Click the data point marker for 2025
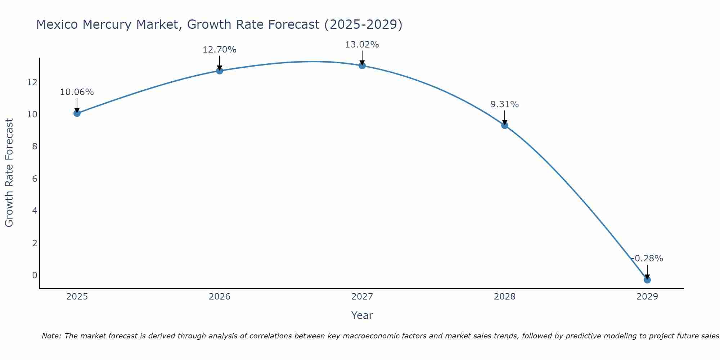pyautogui.click(x=77, y=113)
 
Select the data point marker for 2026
pyautogui.click(x=220, y=71)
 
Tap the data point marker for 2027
pyautogui.click(x=362, y=66)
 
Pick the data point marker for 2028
pyautogui.click(x=505, y=125)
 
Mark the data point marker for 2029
pyautogui.click(x=647, y=280)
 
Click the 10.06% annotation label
pyautogui.click(x=77, y=92)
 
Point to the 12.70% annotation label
pyautogui.click(x=220, y=50)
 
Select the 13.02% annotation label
pyautogui.click(x=362, y=45)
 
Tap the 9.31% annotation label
pyautogui.click(x=505, y=104)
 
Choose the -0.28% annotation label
pyautogui.click(x=647, y=258)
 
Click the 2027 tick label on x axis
pyautogui.click(x=362, y=297)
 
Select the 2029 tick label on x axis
pyautogui.click(x=647, y=297)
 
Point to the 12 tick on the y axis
pyautogui.click(x=32, y=82)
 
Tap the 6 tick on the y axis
pyautogui.click(x=35, y=179)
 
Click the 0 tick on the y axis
pyautogui.click(x=35, y=275)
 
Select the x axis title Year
pyautogui.click(x=362, y=315)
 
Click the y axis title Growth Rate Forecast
pyautogui.click(x=9, y=173)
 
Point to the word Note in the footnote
pyautogui.click(x=51, y=336)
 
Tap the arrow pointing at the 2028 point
pyautogui.click(x=505, y=117)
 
